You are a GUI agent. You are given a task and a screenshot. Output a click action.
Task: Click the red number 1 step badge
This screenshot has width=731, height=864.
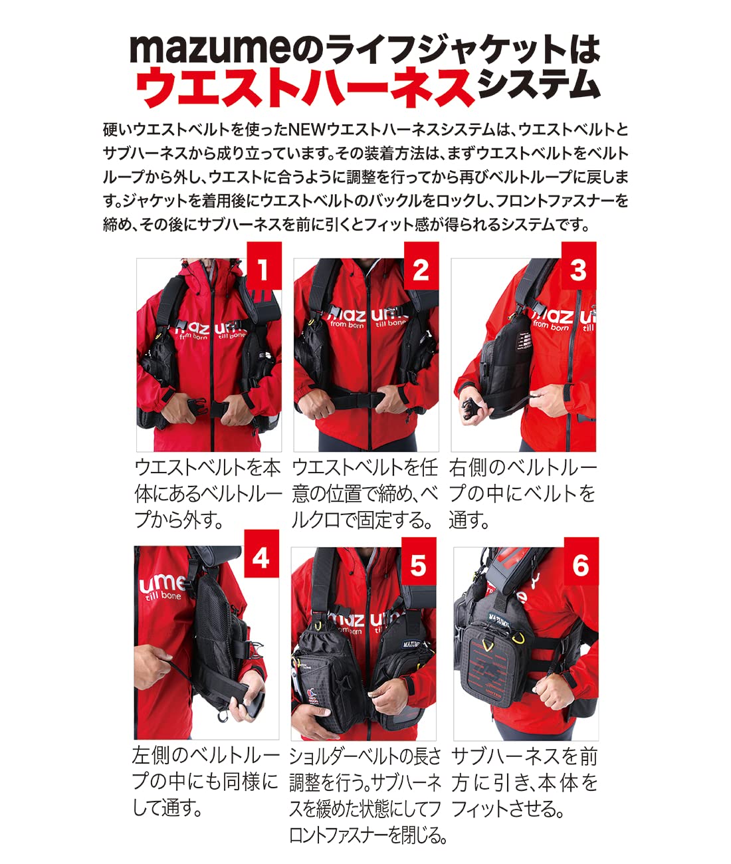point(264,270)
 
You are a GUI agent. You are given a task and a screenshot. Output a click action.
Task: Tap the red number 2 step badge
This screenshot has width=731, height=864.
point(421,270)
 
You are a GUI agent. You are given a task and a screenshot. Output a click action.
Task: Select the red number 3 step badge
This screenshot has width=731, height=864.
point(578,270)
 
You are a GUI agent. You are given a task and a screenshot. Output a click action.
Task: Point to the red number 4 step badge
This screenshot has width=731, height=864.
point(261,558)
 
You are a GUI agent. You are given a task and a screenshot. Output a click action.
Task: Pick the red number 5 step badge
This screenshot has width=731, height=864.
point(418,565)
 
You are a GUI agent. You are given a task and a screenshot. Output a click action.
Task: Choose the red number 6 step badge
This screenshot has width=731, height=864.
point(581,565)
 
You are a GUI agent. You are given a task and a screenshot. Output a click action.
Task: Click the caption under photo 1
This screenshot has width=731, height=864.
point(207,493)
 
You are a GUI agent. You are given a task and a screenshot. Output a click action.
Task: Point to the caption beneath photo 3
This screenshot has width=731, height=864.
point(522,493)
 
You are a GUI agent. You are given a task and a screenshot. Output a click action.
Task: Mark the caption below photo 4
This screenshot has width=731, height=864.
point(205,781)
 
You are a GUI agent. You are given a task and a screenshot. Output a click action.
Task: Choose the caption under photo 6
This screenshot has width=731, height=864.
point(524,782)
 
